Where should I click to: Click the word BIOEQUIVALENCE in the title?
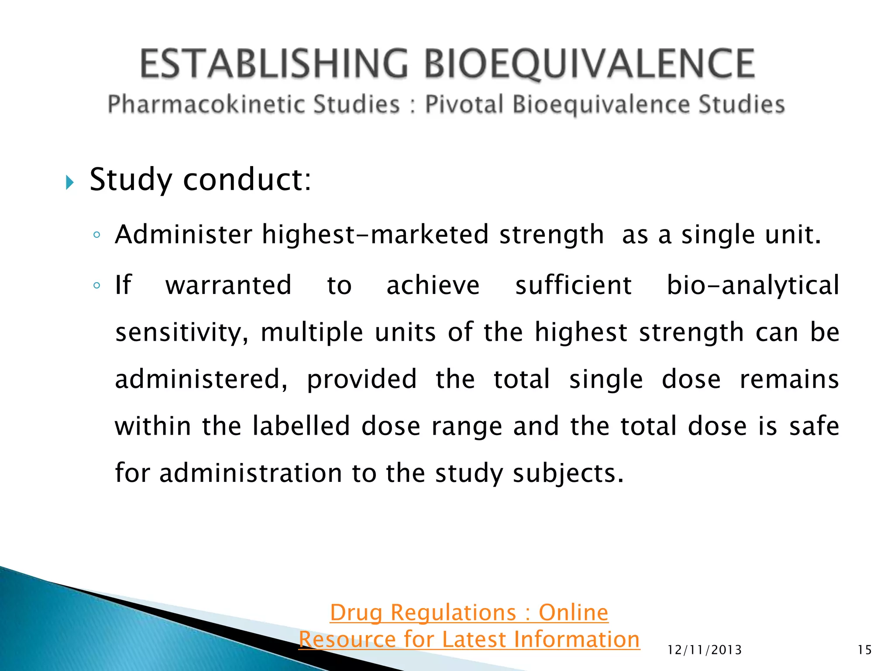click(x=589, y=64)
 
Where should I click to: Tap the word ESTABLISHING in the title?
click(x=274, y=64)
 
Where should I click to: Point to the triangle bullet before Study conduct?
click(x=69, y=182)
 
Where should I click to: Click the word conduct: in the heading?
click(x=247, y=180)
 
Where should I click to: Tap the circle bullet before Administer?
click(x=97, y=235)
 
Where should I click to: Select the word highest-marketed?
click(x=375, y=235)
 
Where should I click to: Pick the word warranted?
click(x=228, y=285)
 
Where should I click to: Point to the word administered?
click(x=201, y=379)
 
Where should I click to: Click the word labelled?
click(x=301, y=426)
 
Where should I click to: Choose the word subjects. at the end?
click(x=568, y=474)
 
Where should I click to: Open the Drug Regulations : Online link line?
click(x=469, y=612)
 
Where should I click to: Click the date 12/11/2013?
click(x=705, y=650)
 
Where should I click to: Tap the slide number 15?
click(x=864, y=650)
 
